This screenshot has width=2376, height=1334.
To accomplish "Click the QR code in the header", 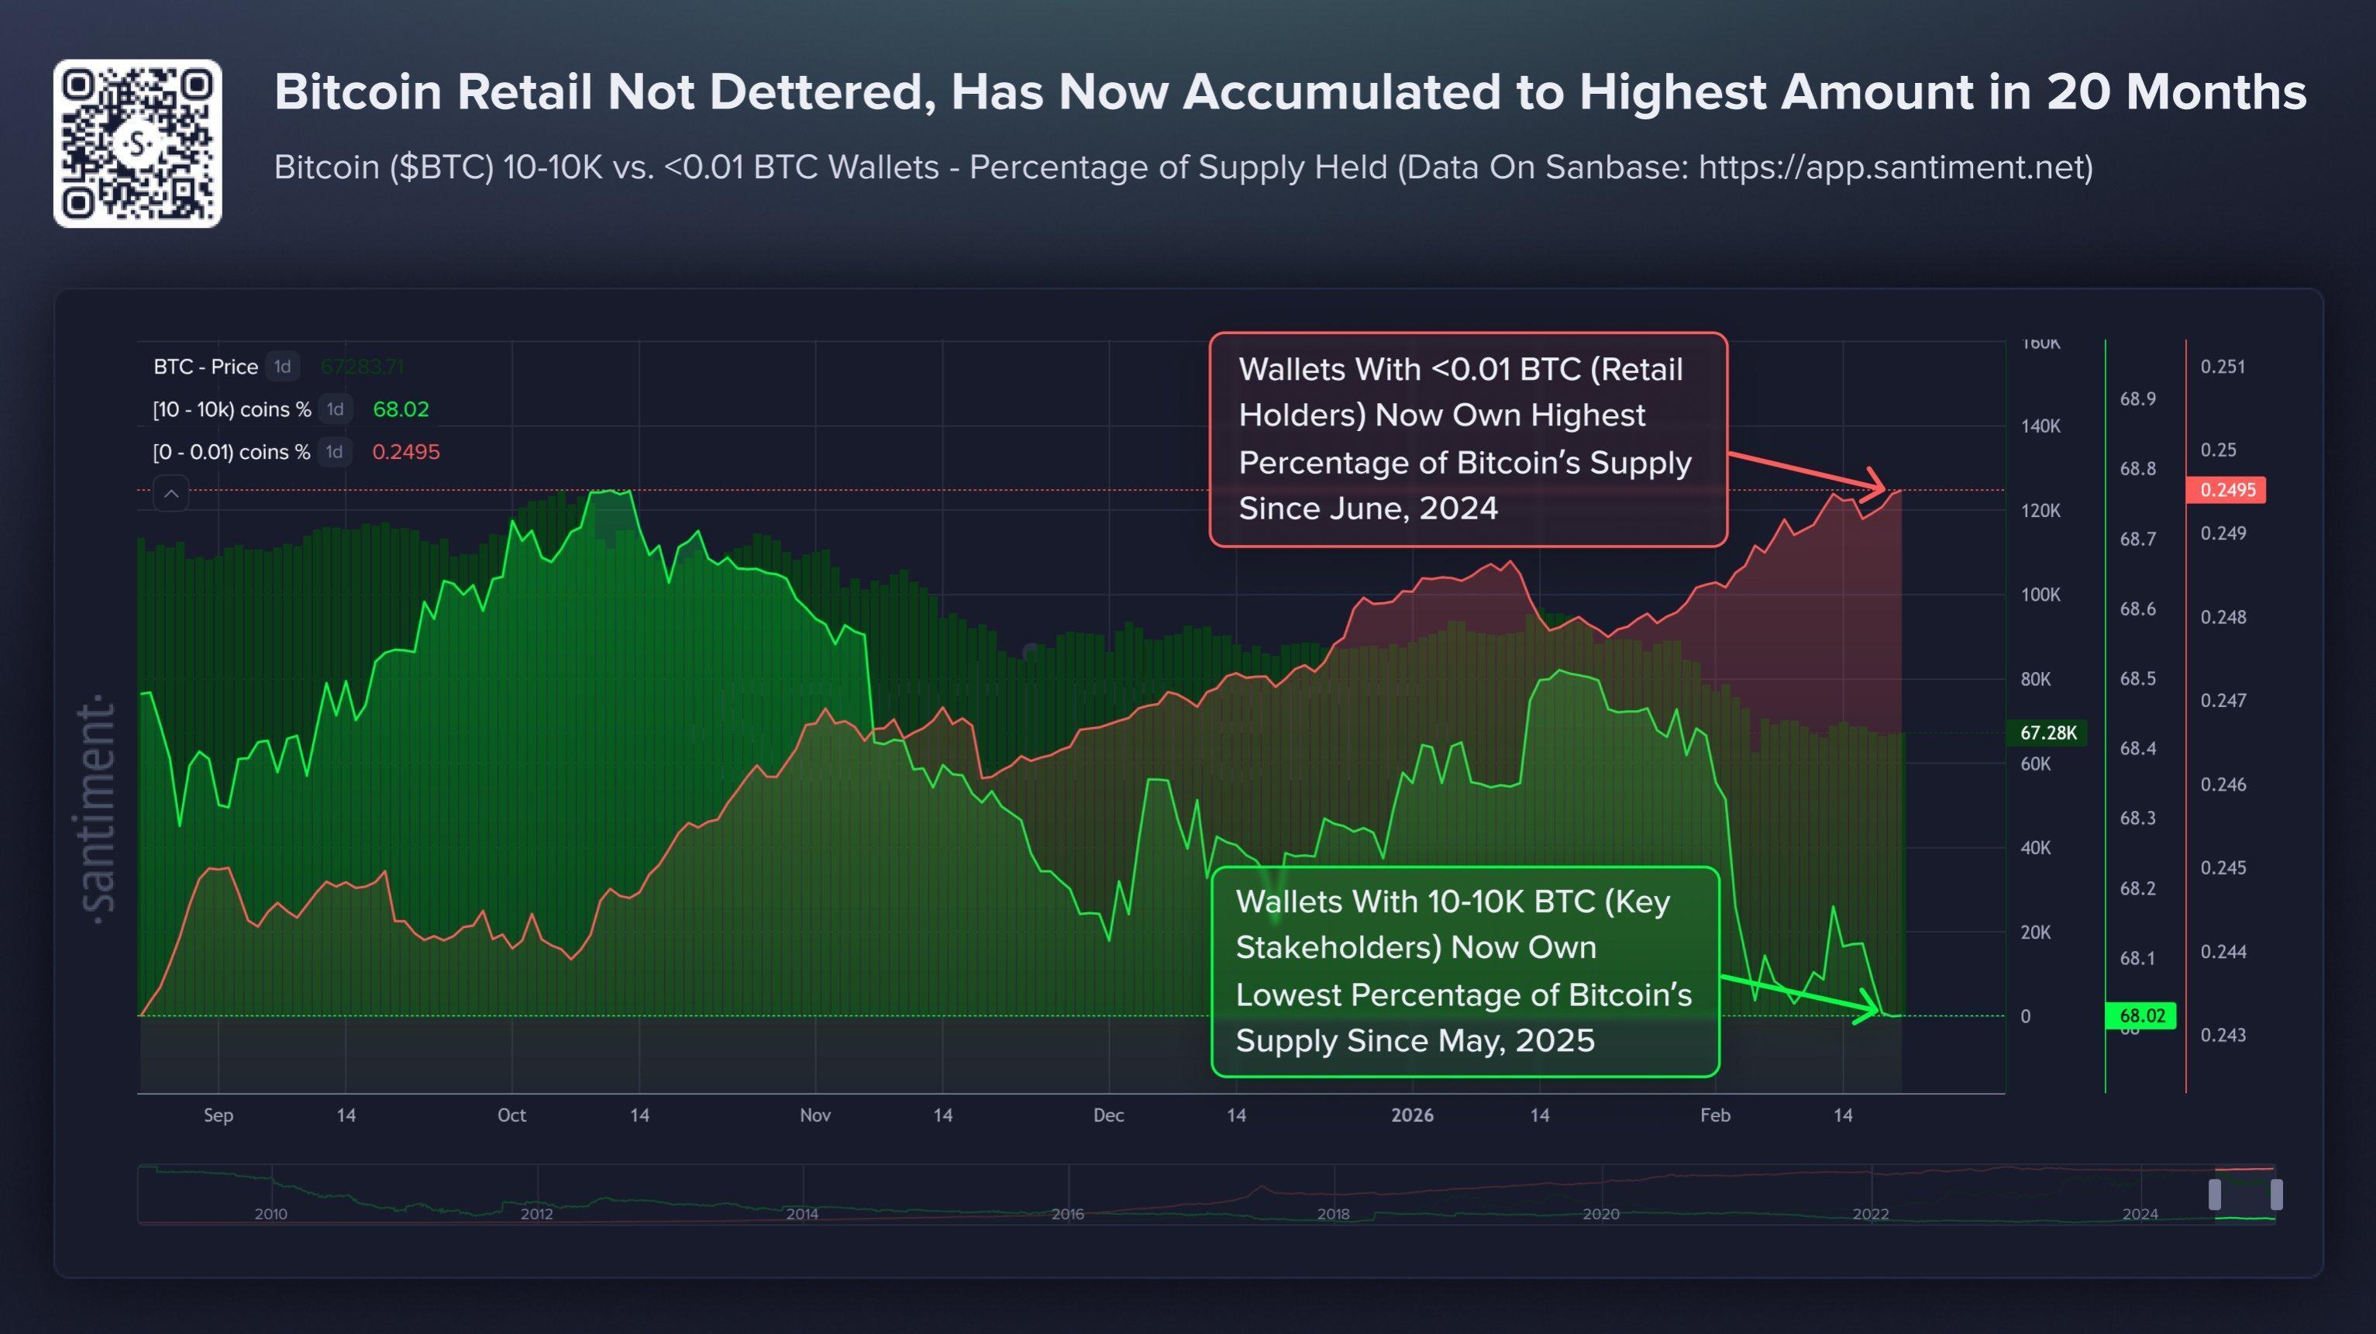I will (x=137, y=144).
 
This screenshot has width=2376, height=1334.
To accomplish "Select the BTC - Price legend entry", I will (x=205, y=367).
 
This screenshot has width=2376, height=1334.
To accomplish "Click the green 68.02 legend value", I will (x=401, y=409).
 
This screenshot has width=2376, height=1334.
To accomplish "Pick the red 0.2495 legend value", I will (x=406, y=452).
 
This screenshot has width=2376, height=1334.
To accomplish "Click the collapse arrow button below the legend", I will (x=171, y=494).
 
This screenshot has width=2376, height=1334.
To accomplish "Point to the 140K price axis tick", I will (x=2040, y=426).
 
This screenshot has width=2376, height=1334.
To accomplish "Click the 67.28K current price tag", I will (x=2047, y=732).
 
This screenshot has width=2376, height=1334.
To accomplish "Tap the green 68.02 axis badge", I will (x=2140, y=1015).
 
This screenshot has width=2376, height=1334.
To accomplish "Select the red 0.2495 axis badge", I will (x=2226, y=490).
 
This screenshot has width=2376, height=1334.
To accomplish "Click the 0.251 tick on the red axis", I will (x=2222, y=367).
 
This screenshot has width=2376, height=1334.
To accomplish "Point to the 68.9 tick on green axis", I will (x=2137, y=398).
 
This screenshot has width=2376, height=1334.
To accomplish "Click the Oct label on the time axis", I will (x=512, y=1115).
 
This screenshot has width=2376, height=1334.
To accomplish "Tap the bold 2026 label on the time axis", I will (x=1412, y=1115).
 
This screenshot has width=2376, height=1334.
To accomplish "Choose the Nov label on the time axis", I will (x=815, y=1115).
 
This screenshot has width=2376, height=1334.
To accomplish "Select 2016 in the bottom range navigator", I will (x=1067, y=1214).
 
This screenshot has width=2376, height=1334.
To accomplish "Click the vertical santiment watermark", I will (x=98, y=812).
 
